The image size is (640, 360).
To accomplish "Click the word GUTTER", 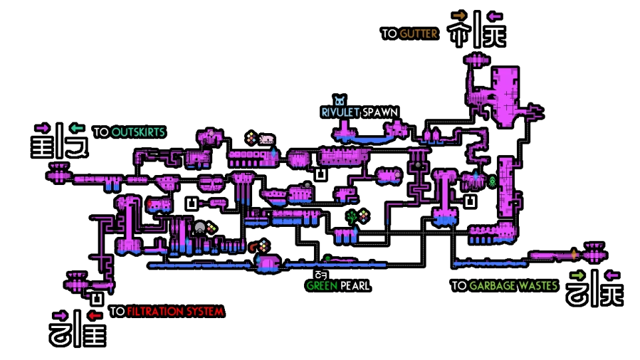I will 418,33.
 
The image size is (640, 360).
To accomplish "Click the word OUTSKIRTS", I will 138,132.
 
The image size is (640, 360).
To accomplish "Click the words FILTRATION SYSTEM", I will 175,311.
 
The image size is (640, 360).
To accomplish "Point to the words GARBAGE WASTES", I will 513,285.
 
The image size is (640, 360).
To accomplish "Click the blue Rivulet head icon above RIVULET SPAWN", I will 341,101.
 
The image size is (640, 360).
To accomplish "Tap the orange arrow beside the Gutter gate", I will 459,15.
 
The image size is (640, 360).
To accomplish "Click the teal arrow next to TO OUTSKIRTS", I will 77,128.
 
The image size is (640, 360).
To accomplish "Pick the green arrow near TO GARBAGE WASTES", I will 577,275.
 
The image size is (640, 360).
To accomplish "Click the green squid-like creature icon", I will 492,181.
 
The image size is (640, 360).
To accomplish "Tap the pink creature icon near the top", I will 267,139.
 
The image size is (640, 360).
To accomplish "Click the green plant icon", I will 351,216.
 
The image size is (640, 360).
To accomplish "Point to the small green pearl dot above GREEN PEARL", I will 327,258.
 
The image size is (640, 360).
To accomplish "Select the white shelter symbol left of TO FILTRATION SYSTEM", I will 97,299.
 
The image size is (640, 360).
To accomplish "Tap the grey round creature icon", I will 200,228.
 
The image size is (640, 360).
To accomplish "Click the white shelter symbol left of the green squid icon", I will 471,201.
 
